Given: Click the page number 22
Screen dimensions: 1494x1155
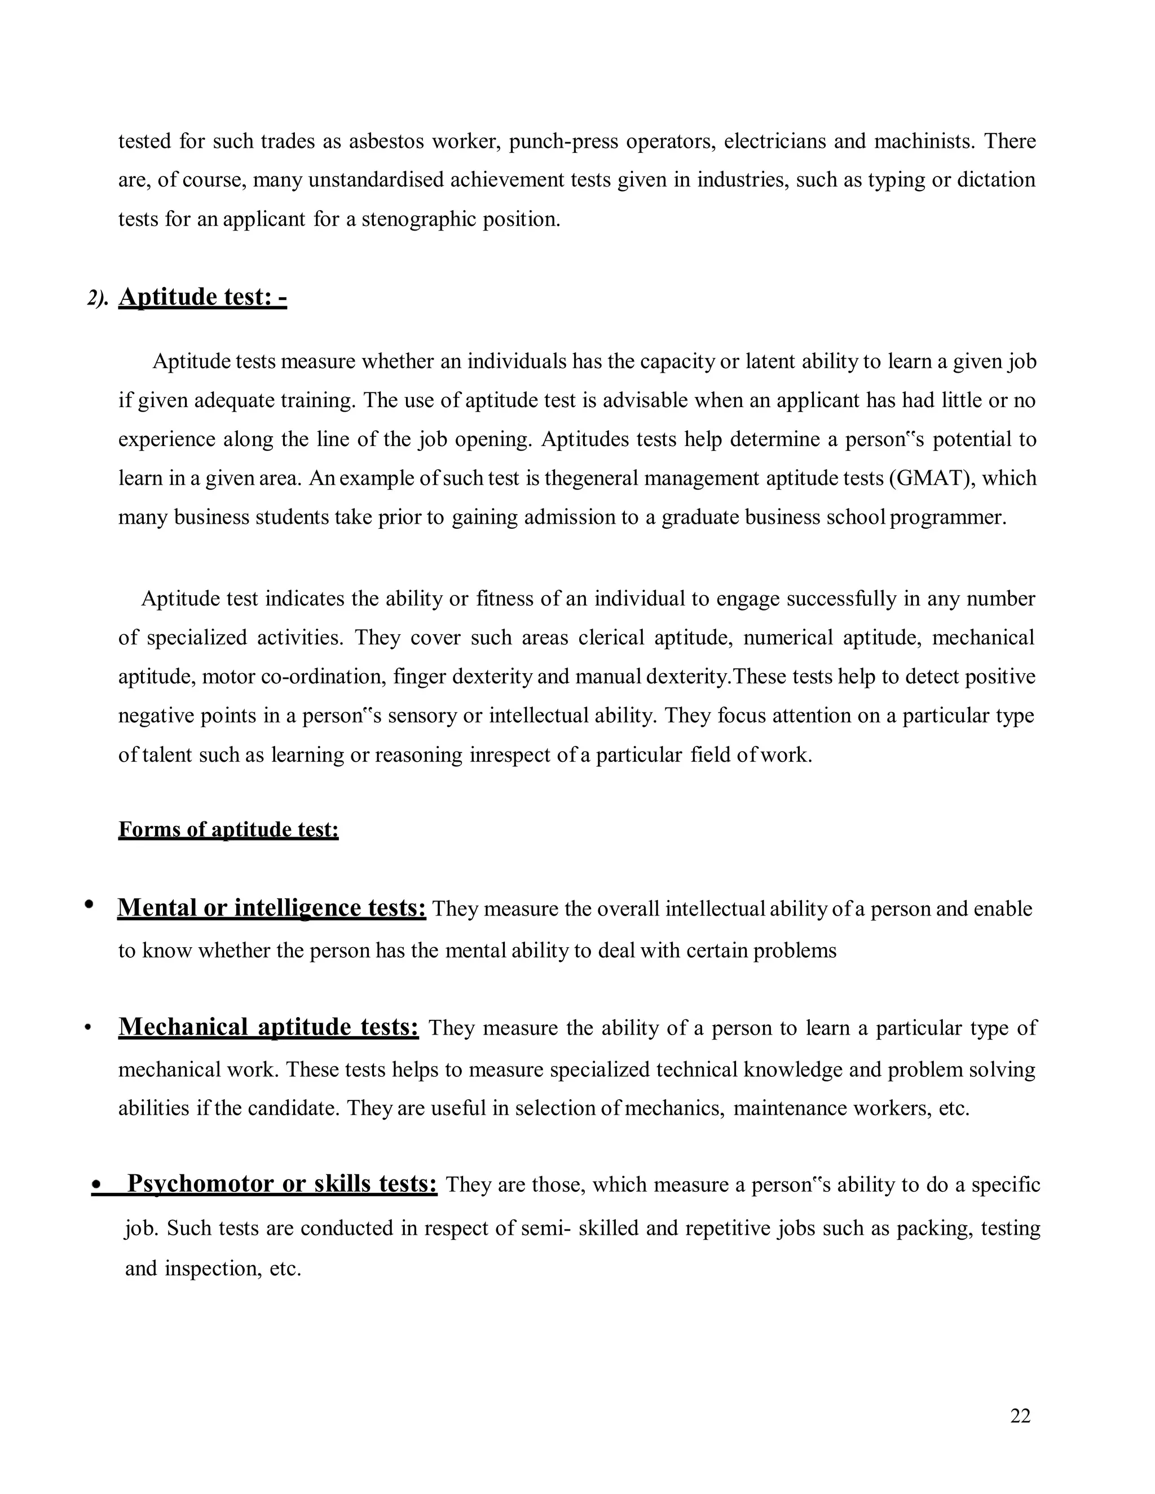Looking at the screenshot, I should click(x=1020, y=1415).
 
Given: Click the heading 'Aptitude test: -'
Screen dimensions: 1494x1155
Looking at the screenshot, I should click(x=202, y=297).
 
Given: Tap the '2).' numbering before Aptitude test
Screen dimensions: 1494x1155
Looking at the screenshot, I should click(x=97, y=299).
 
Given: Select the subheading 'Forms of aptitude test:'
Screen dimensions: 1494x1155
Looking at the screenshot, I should click(x=228, y=829).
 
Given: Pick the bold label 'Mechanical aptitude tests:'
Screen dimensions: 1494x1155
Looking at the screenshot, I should click(x=268, y=1027).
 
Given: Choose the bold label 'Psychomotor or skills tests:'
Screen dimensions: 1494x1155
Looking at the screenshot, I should click(x=282, y=1183).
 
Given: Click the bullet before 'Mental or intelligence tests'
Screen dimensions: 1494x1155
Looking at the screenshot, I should click(x=89, y=904).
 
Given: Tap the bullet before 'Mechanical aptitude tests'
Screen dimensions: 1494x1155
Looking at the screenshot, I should click(x=87, y=1029).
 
